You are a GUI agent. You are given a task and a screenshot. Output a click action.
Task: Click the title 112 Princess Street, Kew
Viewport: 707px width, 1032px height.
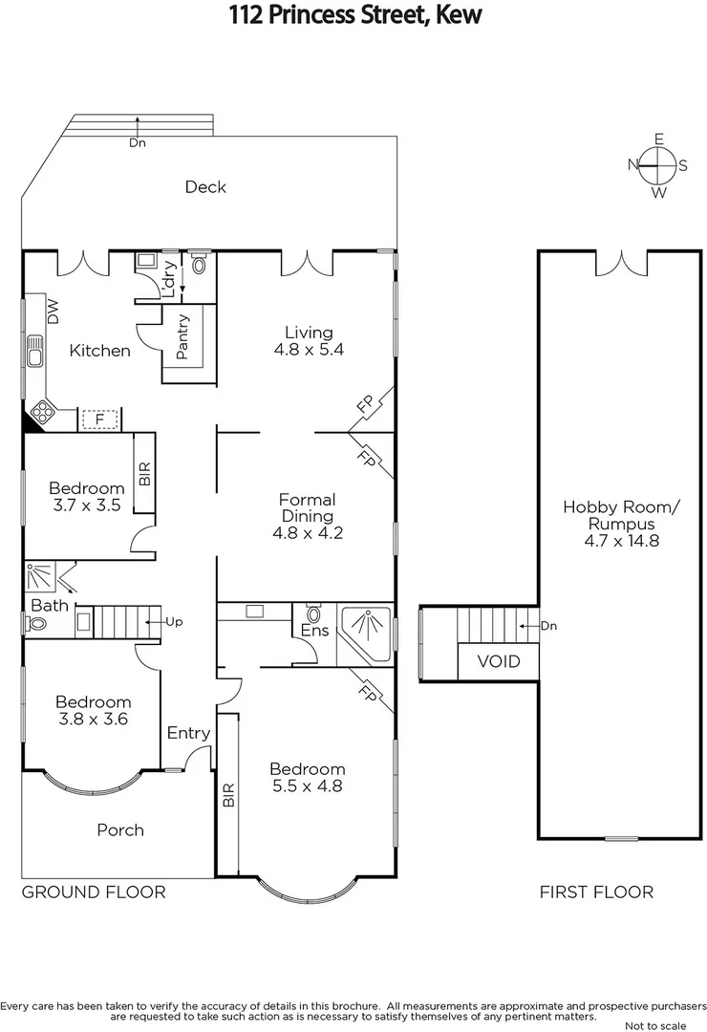coord(354,15)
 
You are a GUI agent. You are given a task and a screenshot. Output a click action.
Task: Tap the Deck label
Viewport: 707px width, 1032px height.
coord(205,186)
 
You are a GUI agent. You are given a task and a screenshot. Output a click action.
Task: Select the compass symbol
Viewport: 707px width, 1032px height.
coord(658,165)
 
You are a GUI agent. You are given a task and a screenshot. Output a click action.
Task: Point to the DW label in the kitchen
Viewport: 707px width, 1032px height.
coord(53,311)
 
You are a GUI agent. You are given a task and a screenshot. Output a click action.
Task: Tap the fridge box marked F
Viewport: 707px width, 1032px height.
coord(98,419)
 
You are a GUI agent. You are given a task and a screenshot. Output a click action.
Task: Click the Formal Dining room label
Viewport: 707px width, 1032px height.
coord(307,507)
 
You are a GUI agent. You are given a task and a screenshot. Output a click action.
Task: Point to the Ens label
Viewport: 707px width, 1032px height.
coord(314,632)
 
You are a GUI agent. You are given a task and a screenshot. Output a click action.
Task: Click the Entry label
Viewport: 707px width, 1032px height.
coord(188,733)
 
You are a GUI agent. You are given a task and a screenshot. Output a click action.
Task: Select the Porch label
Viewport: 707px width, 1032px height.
coord(120,829)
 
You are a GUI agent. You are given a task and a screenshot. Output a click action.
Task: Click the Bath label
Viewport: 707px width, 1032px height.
coord(49,606)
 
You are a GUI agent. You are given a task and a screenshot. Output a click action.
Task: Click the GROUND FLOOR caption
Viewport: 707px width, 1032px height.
coord(94,892)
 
